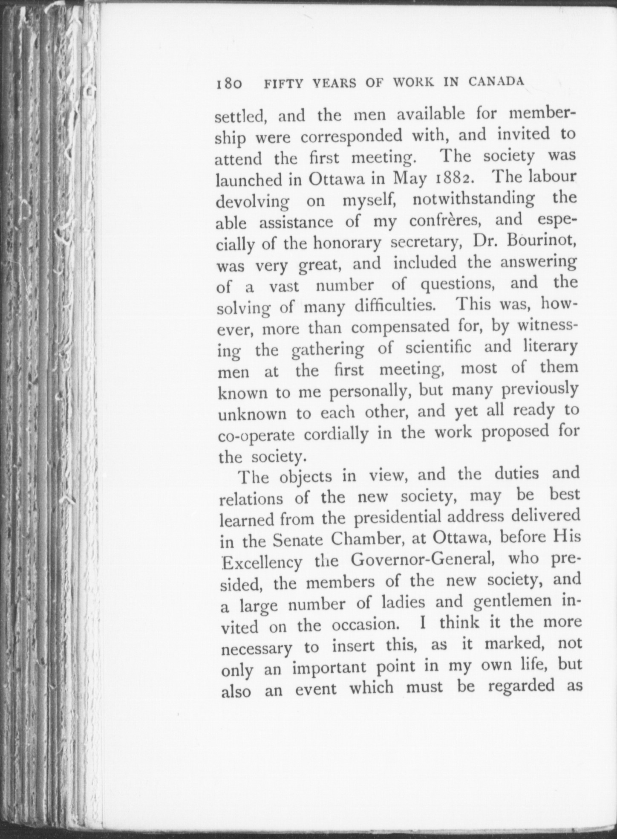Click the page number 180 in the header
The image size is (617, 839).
tap(228, 83)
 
